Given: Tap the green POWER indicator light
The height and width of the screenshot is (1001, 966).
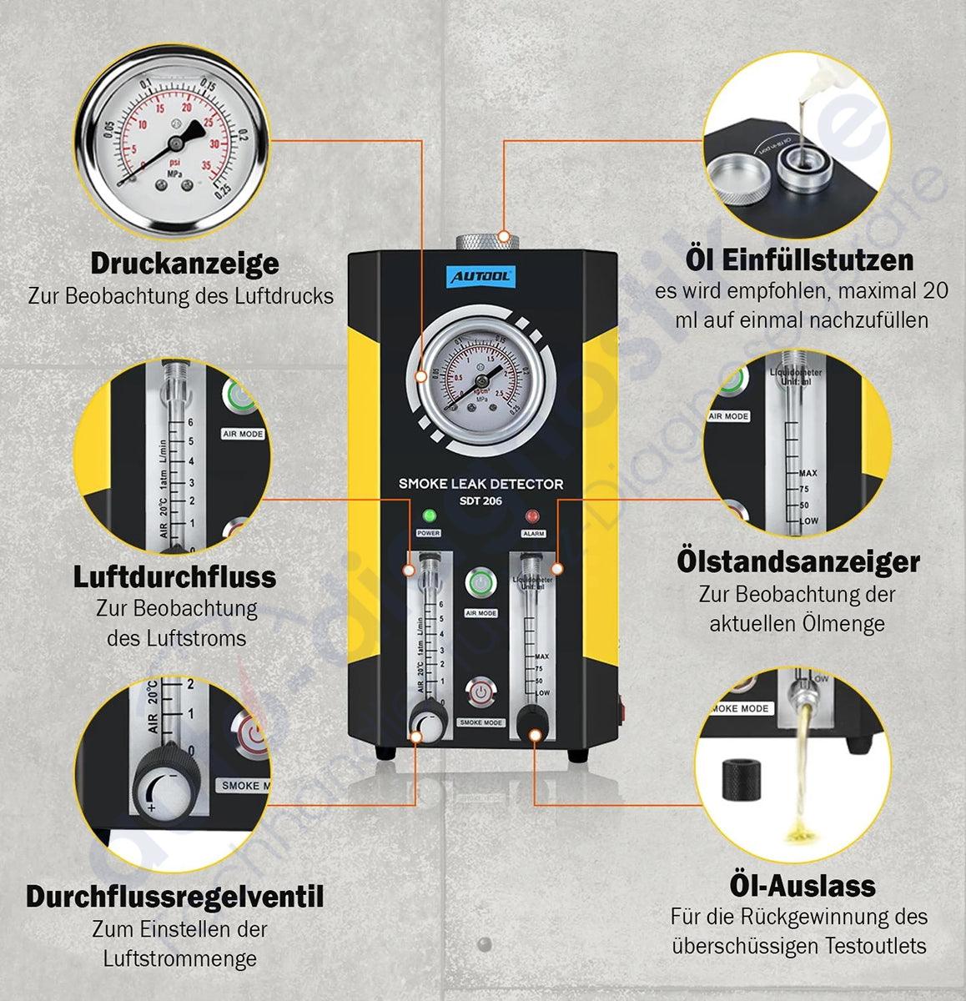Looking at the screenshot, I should pyautogui.click(x=429, y=516).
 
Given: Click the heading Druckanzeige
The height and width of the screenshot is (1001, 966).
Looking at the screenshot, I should pyautogui.click(x=184, y=264).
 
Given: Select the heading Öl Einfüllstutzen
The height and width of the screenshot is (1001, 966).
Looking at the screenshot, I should pyautogui.click(x=799, y=259).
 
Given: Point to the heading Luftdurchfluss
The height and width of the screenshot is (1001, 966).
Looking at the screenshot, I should pyautogui.click(x=174, y=576).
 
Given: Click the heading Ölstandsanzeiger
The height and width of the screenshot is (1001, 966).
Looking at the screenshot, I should pyautogui.click(x=797, y=561).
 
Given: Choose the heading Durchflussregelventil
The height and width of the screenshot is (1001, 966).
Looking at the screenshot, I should pyautogui.click(x=174, y=897).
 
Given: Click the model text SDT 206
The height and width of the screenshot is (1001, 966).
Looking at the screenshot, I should pyautogui.click(x=481, y=500).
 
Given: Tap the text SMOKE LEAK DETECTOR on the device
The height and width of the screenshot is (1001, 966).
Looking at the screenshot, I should pyautogui.click(x=480, y=484).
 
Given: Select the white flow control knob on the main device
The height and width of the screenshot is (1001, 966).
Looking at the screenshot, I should pyautogui.click(x=428, y=724).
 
